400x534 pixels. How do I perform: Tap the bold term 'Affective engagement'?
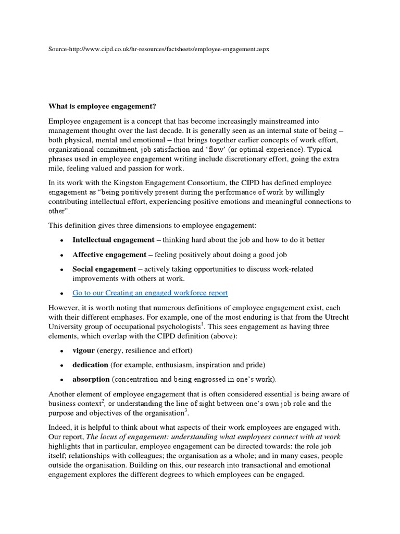109,254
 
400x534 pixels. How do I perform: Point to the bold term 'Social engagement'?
104,269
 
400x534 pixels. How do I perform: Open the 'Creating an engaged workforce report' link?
151,293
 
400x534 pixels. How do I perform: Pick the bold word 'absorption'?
91,379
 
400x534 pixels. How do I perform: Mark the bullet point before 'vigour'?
62,350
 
